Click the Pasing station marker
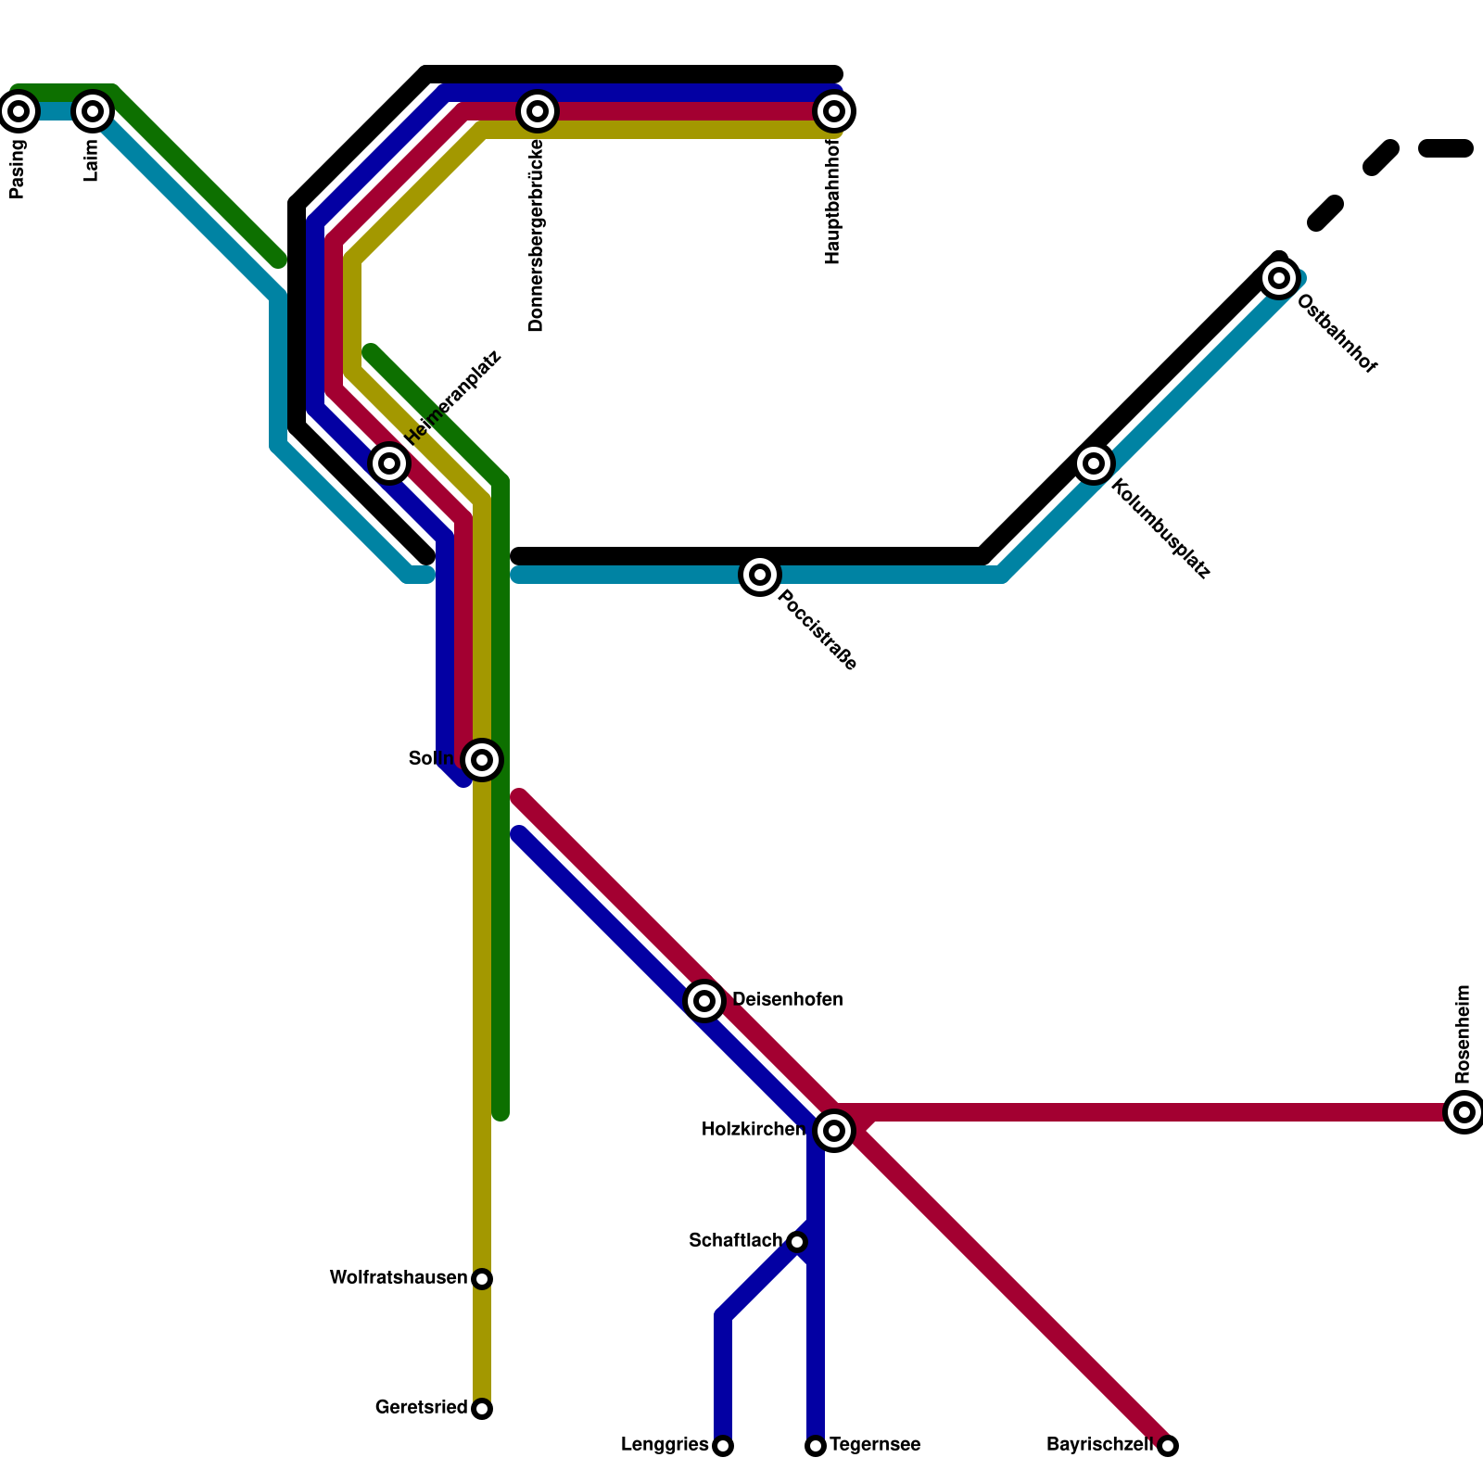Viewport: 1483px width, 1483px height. point(19,111)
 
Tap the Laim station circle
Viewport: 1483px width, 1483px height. point(93,111)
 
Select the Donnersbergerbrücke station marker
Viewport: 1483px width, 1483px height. point(538,111)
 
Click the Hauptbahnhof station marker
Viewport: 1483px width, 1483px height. point(834,111)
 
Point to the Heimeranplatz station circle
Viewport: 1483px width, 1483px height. point(389,463)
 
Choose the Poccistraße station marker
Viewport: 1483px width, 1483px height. point(760,575)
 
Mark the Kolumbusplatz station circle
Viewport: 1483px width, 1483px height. point(1094,463)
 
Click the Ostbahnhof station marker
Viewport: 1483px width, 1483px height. point(1279,277)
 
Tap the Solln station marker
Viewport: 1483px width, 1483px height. point(482,760)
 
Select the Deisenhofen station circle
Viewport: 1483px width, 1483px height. point(704,1000)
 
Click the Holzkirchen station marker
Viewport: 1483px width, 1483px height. point(834,1130)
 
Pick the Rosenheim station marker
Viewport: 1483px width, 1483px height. point(1464,1111)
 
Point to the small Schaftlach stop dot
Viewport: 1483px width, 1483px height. point(797,1242)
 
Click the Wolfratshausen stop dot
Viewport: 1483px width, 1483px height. point(482,1279)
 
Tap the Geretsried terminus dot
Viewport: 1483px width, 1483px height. point(482,1409)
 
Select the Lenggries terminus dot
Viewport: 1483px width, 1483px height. point(723,1446)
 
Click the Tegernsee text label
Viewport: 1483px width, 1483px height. point(875,1445)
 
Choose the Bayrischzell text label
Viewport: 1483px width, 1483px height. point(1099,1445)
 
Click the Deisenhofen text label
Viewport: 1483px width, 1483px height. point(788,1000)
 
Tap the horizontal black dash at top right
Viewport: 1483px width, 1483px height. point(1446,148)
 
